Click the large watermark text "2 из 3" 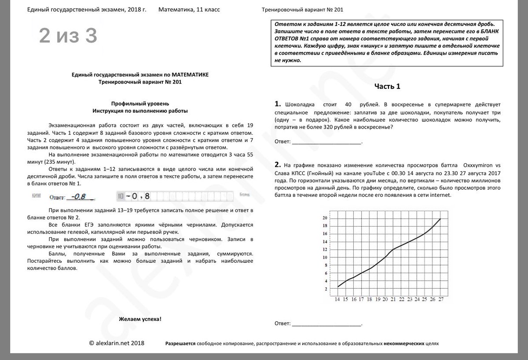point(68,36)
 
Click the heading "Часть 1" point(387,87)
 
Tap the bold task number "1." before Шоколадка point(277,104)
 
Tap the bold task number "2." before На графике point(277,165)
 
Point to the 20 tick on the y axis point(325,218)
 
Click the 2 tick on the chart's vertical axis point(326,289)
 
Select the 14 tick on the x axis point(337,300)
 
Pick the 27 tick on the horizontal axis point(440,300)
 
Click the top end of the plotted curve point(440,219)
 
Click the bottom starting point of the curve point(337,287)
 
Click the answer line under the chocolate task point(326,143)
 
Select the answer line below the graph point(326,325)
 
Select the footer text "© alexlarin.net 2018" point(116,343)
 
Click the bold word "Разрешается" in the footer point(180,344)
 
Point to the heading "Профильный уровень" point(140,103)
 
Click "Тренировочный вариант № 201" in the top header point(302,10)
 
